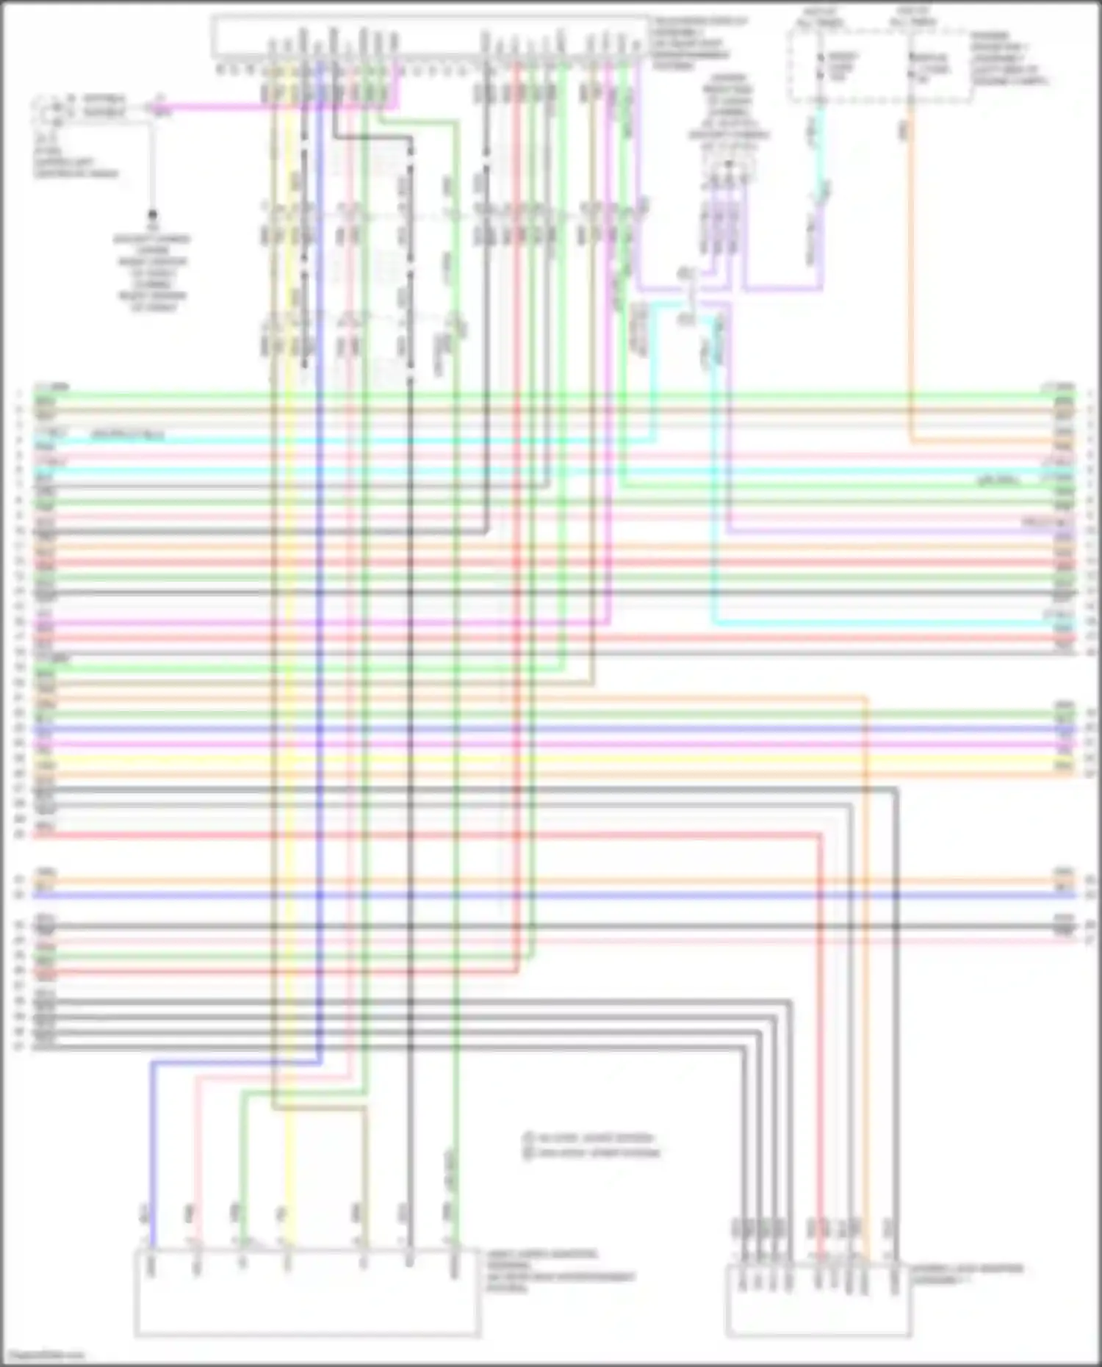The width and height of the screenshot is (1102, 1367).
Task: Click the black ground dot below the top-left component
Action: tap(153, 215)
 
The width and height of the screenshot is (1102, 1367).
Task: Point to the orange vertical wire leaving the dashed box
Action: tap(911, 294)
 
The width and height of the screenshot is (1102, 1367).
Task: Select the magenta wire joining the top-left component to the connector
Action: tap(279, 109)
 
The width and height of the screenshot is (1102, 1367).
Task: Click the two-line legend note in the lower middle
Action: tap(591, 1145)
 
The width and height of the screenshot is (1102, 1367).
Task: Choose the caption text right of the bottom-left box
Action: tap(558, 1272)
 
